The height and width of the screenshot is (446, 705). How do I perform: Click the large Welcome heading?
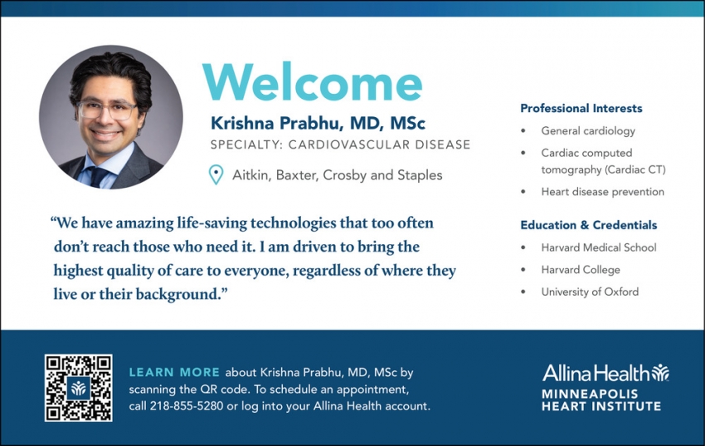tap(313, 83)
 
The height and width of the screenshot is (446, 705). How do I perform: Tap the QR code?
tap(78, 388)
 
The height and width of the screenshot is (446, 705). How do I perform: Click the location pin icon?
tap(216, 174)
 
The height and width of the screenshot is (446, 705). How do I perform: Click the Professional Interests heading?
tap(581, 108)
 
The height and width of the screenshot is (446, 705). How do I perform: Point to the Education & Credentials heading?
tap(588, 225)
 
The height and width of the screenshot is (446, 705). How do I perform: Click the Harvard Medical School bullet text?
tap(598, 248)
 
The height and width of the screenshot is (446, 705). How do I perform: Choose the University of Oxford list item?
tap(590, 292)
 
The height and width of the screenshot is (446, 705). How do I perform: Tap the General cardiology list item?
tap(588, 130)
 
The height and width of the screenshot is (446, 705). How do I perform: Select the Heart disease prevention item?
tap(602, 192)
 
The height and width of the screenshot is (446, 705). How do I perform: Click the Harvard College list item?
tap(581, 270)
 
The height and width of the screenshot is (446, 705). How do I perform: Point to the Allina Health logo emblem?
tap(659, 372)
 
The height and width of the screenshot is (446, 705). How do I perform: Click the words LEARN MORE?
tap(174, 373)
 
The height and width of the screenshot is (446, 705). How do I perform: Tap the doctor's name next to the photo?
tap(318, 124)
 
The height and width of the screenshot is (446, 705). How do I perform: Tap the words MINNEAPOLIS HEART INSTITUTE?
tap(601, 399)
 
